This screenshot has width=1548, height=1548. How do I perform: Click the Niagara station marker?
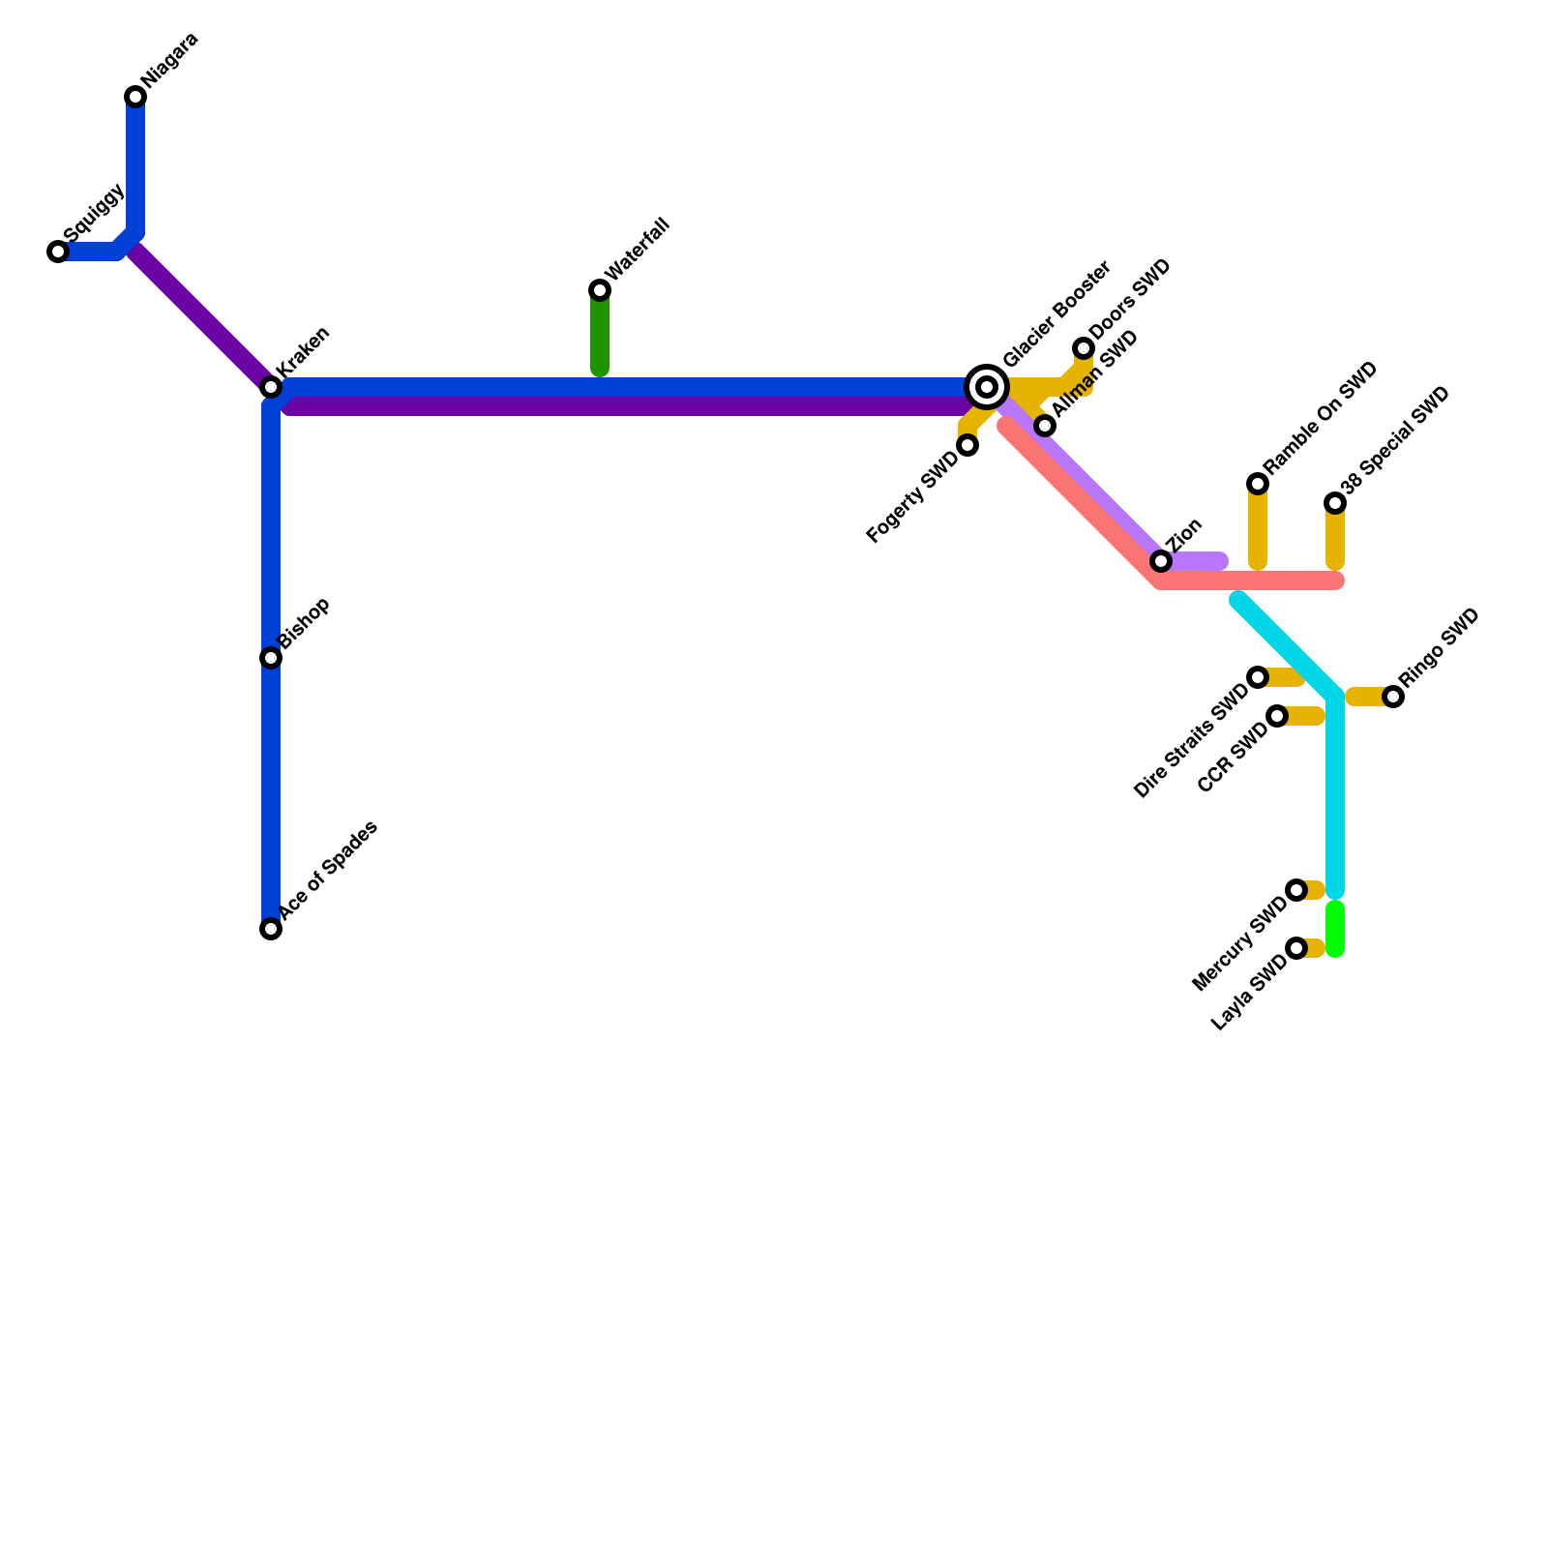[135, 97]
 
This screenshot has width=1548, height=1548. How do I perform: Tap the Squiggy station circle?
[58, 252]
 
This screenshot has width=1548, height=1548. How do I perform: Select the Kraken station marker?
[271, 387]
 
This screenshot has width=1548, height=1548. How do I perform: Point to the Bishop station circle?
[271, 658]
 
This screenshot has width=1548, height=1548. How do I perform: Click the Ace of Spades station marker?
[271, 929]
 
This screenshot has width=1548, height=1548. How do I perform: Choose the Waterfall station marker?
[600, 290]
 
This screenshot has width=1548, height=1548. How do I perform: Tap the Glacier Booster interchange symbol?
[987, 387]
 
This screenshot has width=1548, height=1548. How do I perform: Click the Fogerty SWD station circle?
[967, 445]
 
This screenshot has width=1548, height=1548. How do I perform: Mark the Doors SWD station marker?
[1084, 348]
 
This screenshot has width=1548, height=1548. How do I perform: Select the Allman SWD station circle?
[1045, 426]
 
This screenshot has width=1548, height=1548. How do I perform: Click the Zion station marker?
[1161, 561]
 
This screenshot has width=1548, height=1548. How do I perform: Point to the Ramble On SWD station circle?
[1258, 484]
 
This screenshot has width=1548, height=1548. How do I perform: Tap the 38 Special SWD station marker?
[1335, 503]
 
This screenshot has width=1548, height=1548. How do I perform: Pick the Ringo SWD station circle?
[1393, 697]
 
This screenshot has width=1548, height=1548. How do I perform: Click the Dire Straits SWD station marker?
[1258, 677]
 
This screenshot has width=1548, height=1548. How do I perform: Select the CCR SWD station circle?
[1277, 716]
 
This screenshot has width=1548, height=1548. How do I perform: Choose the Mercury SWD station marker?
[1296, 890]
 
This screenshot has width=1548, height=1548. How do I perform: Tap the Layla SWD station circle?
[1296, 948]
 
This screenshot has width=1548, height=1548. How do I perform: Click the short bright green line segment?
[1335, 929]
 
